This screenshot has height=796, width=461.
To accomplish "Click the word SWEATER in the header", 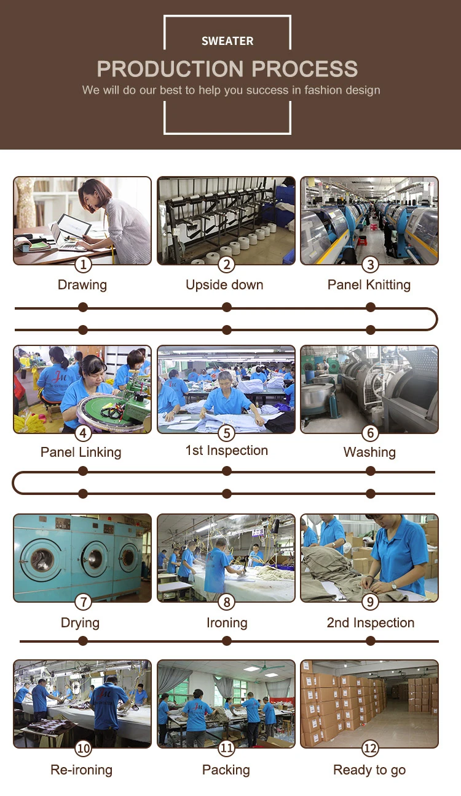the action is tap(227, 41).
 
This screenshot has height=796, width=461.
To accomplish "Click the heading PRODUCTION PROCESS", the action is tap(227, 68).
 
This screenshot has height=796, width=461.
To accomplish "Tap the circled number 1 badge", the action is tap(83, 265).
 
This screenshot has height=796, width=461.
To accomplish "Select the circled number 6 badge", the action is tap(370, 433).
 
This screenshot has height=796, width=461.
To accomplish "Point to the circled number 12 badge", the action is tap(370, 748).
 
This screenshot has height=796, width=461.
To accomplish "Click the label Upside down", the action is tap(224, 285).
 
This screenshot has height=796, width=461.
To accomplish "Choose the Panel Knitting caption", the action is tap(369, 285).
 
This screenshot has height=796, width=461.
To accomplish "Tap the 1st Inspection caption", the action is tap(227, 451).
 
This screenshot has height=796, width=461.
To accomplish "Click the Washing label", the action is tap(369, 452).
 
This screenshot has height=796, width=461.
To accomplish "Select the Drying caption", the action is tap(80, 622).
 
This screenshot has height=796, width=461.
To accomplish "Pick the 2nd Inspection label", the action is tap(371, 622).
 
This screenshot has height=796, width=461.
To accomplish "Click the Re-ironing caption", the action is tap(81, 770).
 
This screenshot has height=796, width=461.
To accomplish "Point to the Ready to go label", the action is tap(369, 770).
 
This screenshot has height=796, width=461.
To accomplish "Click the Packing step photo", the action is tap(226, 702).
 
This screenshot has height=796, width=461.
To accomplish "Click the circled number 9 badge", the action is tap(370, 601).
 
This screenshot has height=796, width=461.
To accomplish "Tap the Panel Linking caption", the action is tap(81, 452).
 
